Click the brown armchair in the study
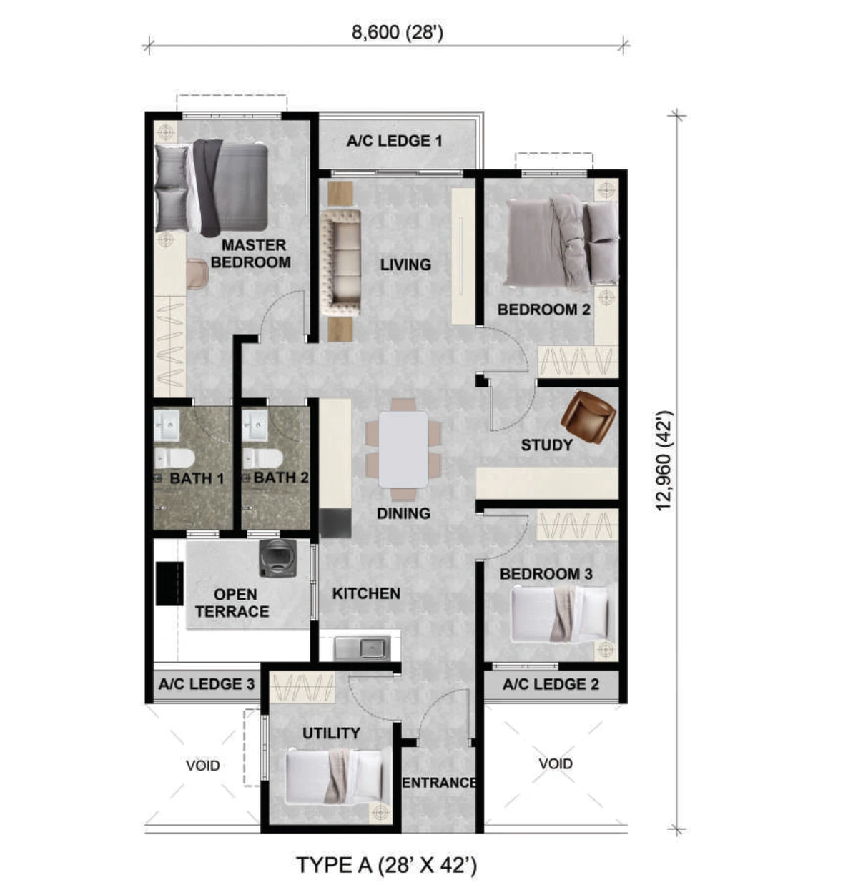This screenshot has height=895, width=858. click(x=588, y=417)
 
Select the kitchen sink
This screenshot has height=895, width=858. click(x=362, y=648)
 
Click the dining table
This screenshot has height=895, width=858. click(x=403, y=450)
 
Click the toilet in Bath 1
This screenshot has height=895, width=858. click(x=174, y=458)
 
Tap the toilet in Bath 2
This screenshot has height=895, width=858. click(x=262, y=458)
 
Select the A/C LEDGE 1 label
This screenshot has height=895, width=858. click(x=394, y=141)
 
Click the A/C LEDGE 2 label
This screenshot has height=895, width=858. click(x=551, y=684)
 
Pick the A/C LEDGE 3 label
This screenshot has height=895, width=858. click(x=207, y=684)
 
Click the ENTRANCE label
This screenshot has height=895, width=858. click(x=439, y=782)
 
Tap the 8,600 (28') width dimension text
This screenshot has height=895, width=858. click(x=398, y=33)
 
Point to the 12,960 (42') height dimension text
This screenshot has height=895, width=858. click(x=664, y=461)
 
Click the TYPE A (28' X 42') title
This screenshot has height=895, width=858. click(x=387, y=865)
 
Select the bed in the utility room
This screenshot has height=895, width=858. click(x=334, y=777)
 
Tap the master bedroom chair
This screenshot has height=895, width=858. click(x=197, y=274)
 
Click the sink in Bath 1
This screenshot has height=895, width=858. click(x=166, y=425)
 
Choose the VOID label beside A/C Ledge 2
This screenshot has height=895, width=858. click(x=556, y=764)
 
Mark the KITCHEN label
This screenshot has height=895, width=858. click(x=366, y=594)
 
